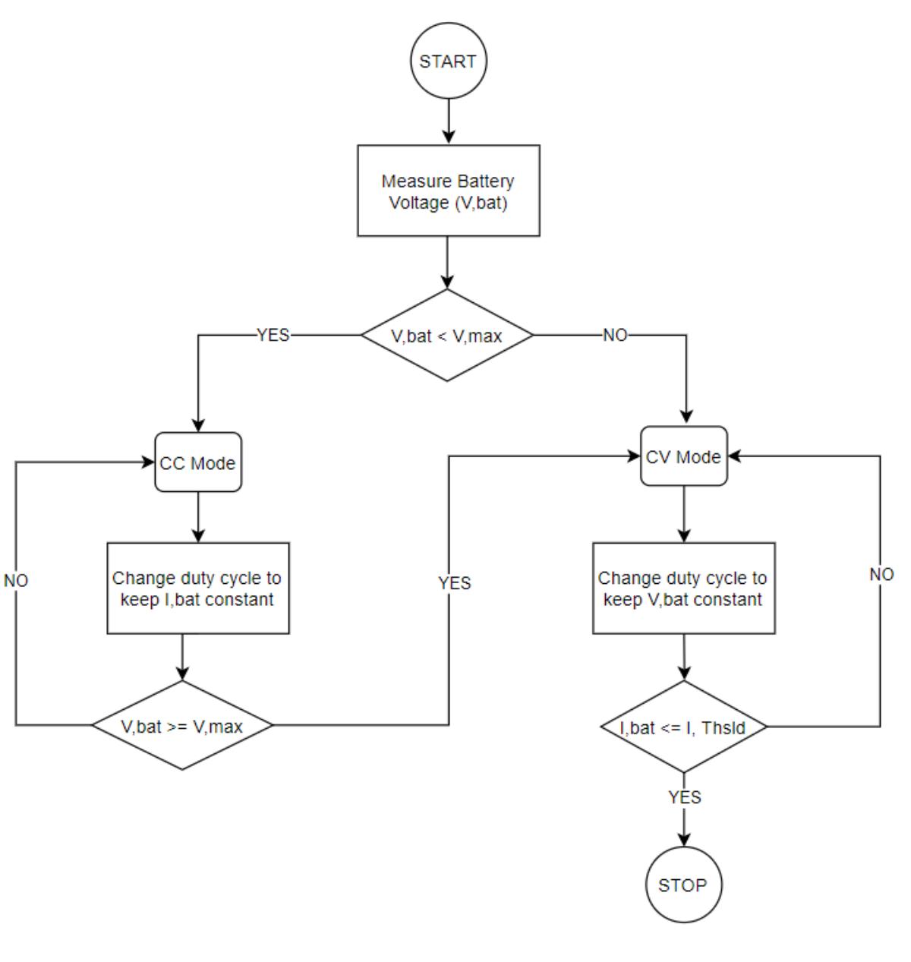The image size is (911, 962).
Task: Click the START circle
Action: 448,62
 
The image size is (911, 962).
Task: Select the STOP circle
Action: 683,885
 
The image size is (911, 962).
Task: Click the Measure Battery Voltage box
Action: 448,191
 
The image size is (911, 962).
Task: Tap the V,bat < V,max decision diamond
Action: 447,335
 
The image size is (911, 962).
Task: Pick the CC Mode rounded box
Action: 198,462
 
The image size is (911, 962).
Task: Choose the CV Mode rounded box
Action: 683,456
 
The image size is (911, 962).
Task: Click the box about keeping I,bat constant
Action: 198,588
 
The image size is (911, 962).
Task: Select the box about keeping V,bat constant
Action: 683,588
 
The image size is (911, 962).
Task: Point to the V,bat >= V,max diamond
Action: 182,725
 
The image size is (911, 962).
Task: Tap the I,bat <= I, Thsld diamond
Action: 683,727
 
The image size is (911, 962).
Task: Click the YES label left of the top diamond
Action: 273,335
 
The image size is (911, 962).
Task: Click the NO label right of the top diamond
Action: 615,335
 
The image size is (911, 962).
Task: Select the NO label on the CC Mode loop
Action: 16,580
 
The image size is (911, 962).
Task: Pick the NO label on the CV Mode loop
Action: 881,574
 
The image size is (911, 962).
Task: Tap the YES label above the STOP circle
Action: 684,796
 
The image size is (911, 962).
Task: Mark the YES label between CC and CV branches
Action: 454,582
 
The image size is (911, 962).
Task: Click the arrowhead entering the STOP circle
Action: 683,840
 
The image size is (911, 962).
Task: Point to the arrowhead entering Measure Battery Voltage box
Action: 448,137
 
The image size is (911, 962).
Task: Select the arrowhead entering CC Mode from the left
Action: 149,462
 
